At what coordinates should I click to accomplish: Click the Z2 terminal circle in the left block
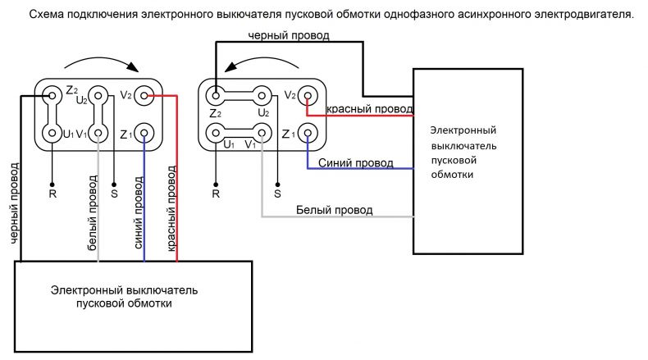pyautogui.click(x=52, y=96)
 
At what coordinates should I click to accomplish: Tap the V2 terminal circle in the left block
pyautogui.click(x=144, y=96)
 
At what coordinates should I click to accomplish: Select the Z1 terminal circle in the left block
pyautogui.click(x=144, y=133)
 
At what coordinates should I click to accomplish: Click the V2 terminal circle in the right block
pyautogui.click(x=308, y=96)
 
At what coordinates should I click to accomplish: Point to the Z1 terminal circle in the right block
pyautogui.click(x=308, y=133)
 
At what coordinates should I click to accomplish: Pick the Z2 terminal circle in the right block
pyautogui.click(x=216, y=96)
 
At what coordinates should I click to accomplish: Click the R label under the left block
pyautogui.click(x=52, y=194)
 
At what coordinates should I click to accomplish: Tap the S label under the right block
pyautogui.click(x=278, y=194)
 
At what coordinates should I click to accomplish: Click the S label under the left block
pyautogui.click(x=114, y=194)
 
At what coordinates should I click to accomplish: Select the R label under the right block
pyautogui.click(x=216, y=194)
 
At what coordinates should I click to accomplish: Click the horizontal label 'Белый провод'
pyautogui.click(x=335, y=210)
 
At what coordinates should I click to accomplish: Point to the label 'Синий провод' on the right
pyautogui.click(x=356, y=163)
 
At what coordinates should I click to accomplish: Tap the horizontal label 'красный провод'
pyautogui.click(x=370, y=109)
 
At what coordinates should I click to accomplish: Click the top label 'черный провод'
pyautogui.click(x=289, y=35)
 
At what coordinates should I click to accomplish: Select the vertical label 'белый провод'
pyautogui.click(x=93, y=213)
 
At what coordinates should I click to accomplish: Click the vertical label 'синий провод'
pyautogui.click(x=139, y=213)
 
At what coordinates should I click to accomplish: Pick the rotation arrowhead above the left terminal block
pyautogui.click(x=133, y=66)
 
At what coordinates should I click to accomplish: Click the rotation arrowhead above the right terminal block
pyautogui.click(x=230, y=66)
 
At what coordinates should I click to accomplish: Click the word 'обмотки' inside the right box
pyautogui.click(x=452, y=175)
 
